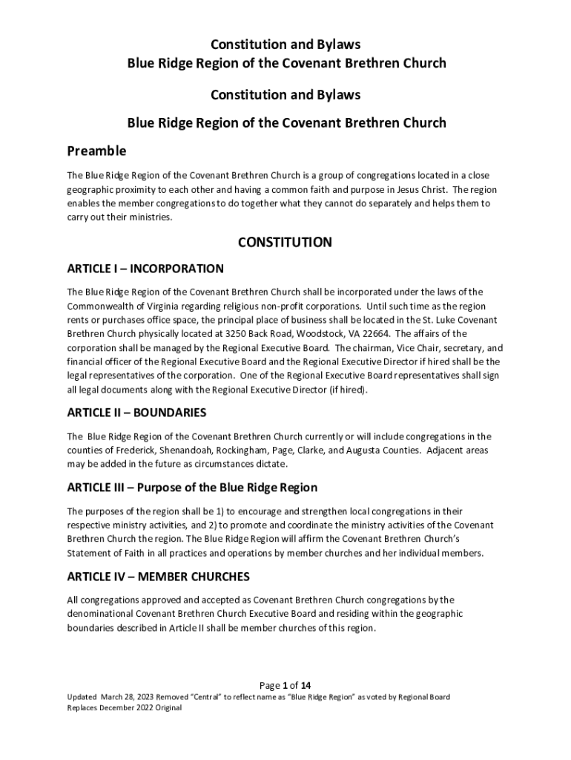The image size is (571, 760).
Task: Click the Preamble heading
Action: (96, 151)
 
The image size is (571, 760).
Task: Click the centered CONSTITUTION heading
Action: (285, 243)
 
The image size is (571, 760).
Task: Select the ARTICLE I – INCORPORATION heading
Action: (145, 269)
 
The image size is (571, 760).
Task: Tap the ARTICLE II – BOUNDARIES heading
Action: (136, 413)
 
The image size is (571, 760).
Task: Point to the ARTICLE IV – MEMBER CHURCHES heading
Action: (159, 577)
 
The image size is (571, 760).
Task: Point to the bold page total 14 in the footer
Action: (316, 685)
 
